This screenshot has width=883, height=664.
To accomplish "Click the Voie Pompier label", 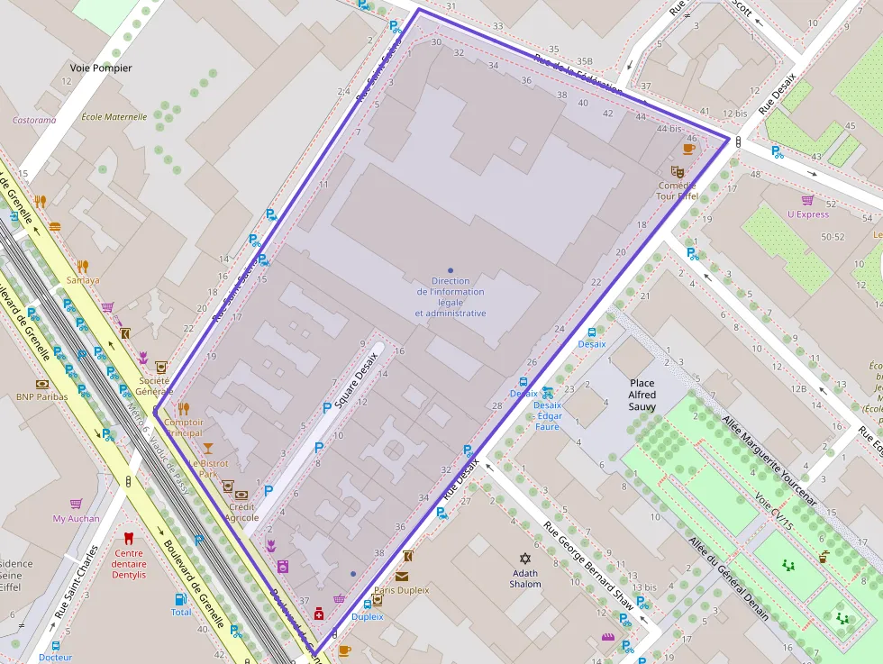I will [101, 68].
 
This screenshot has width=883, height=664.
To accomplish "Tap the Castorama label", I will [34, 120].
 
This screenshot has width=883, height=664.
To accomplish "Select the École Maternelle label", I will [114, 116].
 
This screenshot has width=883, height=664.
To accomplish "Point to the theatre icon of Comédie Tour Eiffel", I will [677, 171].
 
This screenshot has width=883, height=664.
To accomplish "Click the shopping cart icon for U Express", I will [807, 200].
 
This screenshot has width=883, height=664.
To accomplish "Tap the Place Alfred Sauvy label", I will [642, 395].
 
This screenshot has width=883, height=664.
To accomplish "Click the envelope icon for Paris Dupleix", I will [401, 577].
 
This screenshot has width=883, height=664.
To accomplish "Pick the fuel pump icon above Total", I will [181, 598].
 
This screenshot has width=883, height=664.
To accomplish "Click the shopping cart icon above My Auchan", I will [77, 504].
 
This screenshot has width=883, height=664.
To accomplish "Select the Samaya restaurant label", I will [83, 280].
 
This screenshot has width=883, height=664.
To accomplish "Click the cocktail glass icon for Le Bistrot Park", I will [208, 448].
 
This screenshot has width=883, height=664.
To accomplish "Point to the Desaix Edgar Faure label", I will [548, 415].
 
